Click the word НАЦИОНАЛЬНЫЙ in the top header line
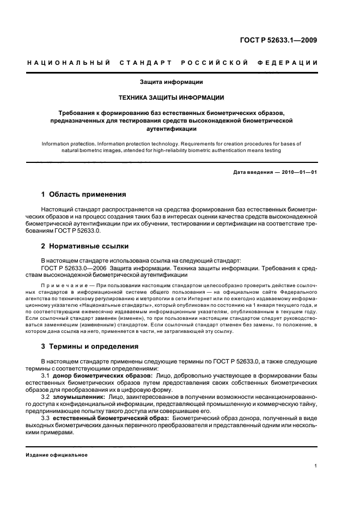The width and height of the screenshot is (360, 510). click(65, 63)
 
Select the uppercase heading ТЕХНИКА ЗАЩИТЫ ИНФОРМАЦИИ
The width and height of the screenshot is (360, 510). click(172, 98)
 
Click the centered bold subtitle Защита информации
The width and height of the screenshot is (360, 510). click(172, 82)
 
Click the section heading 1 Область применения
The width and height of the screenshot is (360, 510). click(84, 194)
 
